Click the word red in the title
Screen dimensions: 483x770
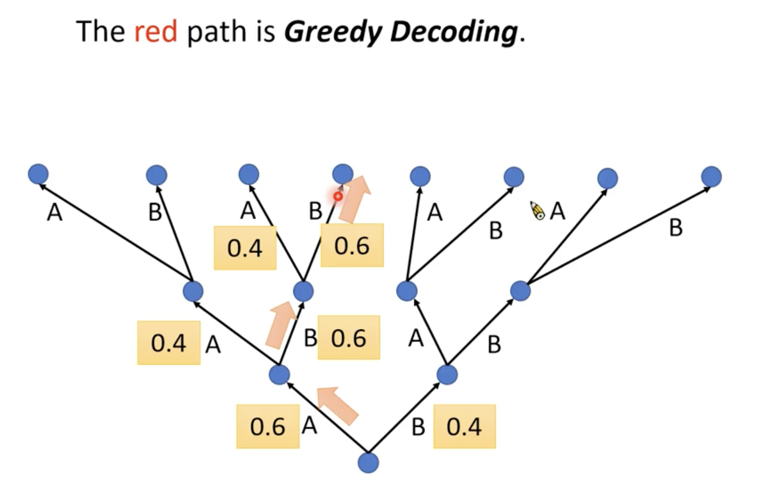tap(155, 32)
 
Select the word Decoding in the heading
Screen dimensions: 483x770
tap(454, 32)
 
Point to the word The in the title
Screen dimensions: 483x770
tap(100, 32)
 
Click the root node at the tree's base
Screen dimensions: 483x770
tap(368, 462)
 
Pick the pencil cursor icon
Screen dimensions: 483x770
tap(538, 211)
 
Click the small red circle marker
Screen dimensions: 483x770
tap(338, 196)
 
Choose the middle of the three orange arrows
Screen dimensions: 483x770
tap(281, 324)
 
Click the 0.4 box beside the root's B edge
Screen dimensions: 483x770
tap(464, 426)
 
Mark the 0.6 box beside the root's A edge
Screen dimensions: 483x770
tap(268, 426)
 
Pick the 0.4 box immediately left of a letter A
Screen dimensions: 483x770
tap(169, 343)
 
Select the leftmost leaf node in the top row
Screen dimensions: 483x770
tap(38, 174)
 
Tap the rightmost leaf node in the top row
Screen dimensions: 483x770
tap(711, 176)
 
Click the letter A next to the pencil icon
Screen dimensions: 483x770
tap(558, 211)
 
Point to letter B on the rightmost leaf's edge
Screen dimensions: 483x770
tap(675, 228)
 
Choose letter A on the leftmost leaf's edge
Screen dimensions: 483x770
tap(55, 213)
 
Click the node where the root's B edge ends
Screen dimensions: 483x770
tap(447, 375)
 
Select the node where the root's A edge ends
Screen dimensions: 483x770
tap(279, 375)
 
